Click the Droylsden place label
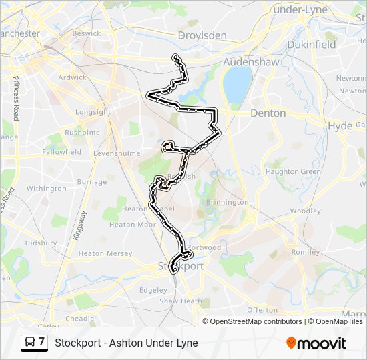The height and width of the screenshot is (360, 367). click(x=202, y=35)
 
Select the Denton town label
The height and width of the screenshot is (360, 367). click(x=268, y=113)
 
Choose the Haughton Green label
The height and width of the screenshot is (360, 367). click(x=292, y=171)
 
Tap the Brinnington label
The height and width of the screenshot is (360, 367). click(x=226, y=202)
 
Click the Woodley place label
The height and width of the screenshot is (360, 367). click(x=306, y=211)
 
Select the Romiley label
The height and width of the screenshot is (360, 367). click(x=306, y=253)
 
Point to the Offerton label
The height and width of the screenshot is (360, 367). click(x=262, y=310)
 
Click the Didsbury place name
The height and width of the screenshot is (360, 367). click(x=40, y=243)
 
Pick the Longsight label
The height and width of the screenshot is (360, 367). click(x=93, y=112)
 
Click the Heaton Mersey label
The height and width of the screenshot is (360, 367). click(x=104, y=253)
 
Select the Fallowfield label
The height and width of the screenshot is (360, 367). click(x=61, y=152)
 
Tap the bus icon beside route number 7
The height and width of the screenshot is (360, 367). click(x=31, y=343)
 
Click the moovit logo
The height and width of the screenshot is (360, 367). click(x=316, y=343)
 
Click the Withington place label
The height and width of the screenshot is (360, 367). click(x=46, y=189)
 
